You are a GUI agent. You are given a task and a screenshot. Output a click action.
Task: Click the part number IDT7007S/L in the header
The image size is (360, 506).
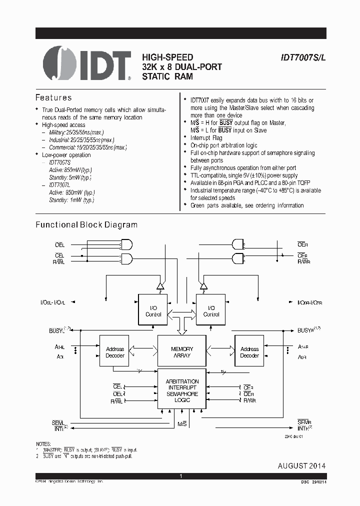point(302,57)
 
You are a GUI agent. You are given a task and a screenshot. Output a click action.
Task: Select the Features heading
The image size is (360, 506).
point(53,97)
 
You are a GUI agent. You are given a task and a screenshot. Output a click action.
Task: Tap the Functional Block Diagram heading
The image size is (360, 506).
point(86,225)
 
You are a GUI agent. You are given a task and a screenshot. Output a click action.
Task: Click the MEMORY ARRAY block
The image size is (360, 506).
point(182,352)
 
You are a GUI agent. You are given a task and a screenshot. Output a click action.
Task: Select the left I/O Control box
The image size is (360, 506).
point(153,311)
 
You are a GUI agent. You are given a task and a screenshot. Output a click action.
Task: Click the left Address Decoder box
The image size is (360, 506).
point(114,352)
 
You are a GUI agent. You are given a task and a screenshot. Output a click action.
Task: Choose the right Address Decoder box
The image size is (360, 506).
point(249,352)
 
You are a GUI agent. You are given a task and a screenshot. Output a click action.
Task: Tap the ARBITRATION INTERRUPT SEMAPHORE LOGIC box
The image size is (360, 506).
point(182,390)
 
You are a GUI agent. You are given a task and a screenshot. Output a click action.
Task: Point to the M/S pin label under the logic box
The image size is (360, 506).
point(182,423)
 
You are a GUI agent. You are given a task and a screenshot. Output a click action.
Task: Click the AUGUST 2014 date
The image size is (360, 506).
point(301,466)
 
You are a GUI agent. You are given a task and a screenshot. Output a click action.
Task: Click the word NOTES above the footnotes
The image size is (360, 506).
point(43,444)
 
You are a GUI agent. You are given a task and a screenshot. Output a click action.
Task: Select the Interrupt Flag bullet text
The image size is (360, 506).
point(206,137)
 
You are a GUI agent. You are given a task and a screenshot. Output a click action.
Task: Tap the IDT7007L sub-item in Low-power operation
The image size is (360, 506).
point(60,185)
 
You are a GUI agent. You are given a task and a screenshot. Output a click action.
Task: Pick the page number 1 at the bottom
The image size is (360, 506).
point(180,476)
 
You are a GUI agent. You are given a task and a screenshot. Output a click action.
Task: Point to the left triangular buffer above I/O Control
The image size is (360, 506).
point(160,286)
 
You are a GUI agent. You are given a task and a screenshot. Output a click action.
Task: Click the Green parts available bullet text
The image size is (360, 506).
point(247,205)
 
